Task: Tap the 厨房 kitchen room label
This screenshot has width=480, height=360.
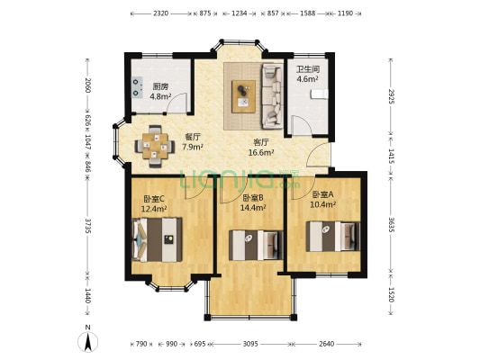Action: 160,86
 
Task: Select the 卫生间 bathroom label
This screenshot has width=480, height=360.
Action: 308,69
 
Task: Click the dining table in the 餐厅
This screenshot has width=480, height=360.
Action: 155,146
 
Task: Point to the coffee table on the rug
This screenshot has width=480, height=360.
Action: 243,96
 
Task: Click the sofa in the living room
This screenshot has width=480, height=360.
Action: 272,96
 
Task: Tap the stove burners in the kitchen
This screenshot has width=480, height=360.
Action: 137,87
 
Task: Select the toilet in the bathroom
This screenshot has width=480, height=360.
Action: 319,94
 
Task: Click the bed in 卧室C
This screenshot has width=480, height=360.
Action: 157,239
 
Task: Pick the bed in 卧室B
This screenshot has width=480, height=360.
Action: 256,246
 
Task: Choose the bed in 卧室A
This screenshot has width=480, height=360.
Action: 332,237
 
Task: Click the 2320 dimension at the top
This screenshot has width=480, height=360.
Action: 160,13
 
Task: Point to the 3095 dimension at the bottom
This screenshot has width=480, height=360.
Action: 250,344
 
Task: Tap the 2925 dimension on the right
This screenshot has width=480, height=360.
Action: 391,96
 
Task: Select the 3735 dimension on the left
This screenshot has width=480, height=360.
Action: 88,226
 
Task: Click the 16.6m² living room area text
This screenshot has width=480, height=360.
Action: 261,152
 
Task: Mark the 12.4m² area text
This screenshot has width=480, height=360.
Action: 154,209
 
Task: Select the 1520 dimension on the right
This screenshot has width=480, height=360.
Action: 391,294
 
